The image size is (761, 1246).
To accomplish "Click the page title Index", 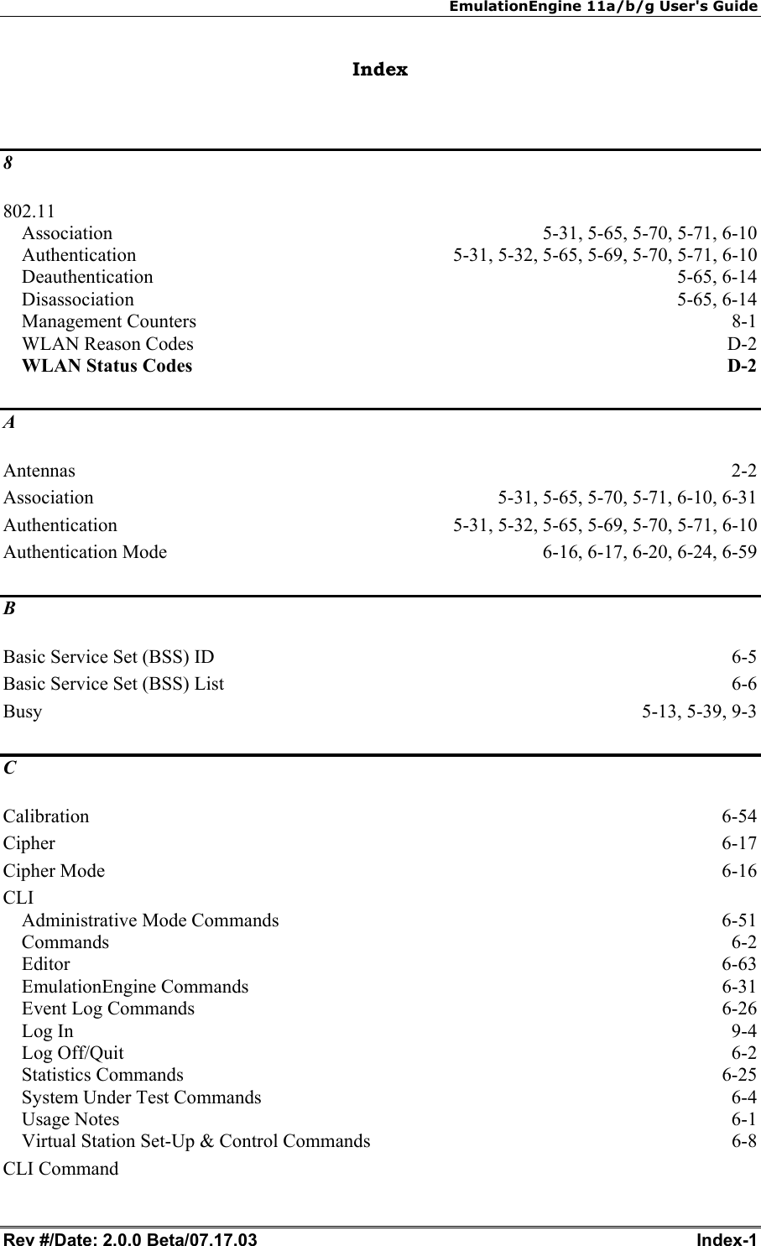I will tap(380, 70).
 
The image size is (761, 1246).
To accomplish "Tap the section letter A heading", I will tap(8, 424).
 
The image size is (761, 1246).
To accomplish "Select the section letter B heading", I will tap(8, 610).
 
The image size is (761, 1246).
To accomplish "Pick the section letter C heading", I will tap(8, 769).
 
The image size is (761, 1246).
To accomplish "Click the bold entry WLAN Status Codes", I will tap(107, 366).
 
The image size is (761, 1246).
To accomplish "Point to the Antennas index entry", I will tap(39, 471).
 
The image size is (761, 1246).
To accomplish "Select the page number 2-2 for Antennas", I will tap(744, 471).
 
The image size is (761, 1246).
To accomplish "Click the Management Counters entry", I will tap(109, 321).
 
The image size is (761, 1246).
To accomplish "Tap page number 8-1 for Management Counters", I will tap(744, 321).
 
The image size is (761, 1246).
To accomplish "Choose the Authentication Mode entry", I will tap(86, 552).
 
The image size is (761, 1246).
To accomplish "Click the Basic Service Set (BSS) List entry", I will tap(114, 684).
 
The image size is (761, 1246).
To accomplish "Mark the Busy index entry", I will tap(23, 712).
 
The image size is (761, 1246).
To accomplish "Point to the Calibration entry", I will tap(46, 816).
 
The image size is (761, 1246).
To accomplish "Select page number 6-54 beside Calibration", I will tap(739, 816).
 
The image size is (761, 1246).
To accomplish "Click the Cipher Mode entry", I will tap(55, 871).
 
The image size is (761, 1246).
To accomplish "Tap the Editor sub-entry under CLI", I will tap(46, 964).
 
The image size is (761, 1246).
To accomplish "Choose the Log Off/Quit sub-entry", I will tap(73, 1053).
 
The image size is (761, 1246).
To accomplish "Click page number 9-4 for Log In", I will tap(744, 1031).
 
